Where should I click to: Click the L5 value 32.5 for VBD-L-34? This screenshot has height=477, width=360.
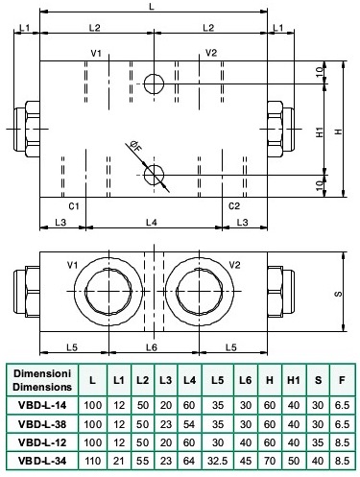pyautogui.click(x=217, y=461)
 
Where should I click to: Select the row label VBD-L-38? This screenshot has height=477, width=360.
pyautogui.click(x=42, y=424)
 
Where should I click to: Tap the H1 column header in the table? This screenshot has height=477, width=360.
pyautogui.click(x=294, y=380)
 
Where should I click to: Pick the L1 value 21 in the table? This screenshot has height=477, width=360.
pyautogui.click(x=119, y=461)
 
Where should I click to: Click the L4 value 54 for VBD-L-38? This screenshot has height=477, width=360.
pyautogui.click(x=189, y=424)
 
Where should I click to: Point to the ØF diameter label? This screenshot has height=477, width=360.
pyautogui.click(x=135, y=146)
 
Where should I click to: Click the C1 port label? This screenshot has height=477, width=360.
pyautogui.click(x=74, y=206)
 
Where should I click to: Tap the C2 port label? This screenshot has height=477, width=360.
pyautogui.click(x=234, y=206)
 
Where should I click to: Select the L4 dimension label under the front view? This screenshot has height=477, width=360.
pyautogui.click(x=152, y=222)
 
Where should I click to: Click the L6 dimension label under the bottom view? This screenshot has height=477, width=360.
pyautogui.click(x=152, y=347)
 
